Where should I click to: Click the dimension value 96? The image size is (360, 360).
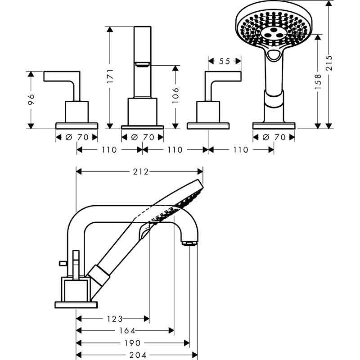[x=31, y=99]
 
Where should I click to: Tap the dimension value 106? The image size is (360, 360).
[x=176, y=96]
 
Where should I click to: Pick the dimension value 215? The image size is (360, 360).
[x=329, y=64]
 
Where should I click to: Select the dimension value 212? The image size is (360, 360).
[x=139, y=171]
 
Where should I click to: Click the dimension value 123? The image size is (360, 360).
[x=115, y=319]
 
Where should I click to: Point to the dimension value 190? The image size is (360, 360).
[x=134, y=342]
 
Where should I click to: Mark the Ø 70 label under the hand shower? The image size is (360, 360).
[x=274, y=137]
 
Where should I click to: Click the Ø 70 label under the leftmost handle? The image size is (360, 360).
[x=76, y=137]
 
